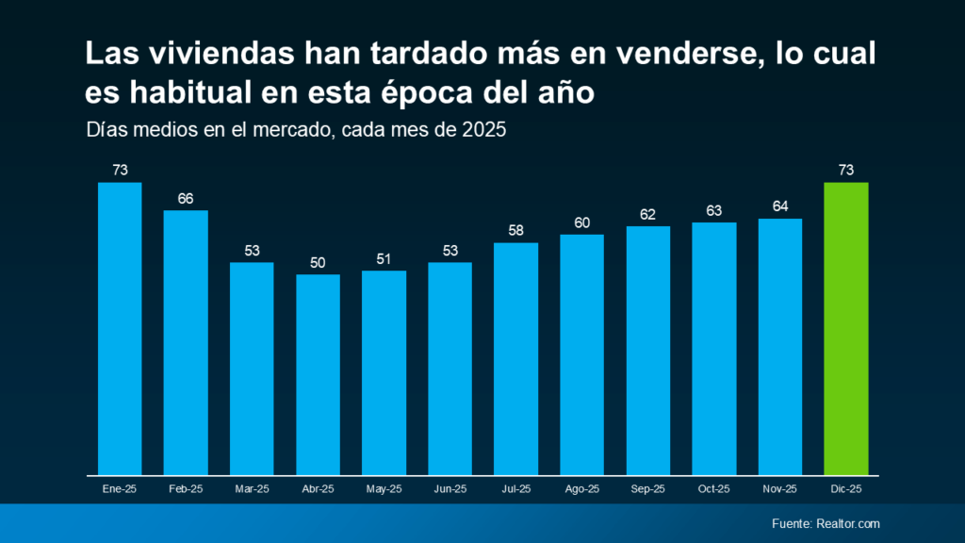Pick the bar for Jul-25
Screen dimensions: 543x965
click(515, 358)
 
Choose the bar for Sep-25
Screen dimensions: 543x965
click(647, 350)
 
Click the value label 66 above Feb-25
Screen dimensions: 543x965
click(186, 199)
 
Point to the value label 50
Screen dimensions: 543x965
click(318, 263)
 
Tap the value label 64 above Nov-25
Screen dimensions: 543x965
click(779, 206)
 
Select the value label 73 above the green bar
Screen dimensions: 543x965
click(845, 171)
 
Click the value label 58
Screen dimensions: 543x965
click(515, 231)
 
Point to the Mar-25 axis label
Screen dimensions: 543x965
click(252, 489)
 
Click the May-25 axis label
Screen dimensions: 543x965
click(384, 489)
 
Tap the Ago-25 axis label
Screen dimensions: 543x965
click(581, 489)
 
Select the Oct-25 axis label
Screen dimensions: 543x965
click(713, 489)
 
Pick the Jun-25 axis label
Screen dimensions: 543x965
click(450, 489)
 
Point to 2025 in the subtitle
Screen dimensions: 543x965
click(484, 131)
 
